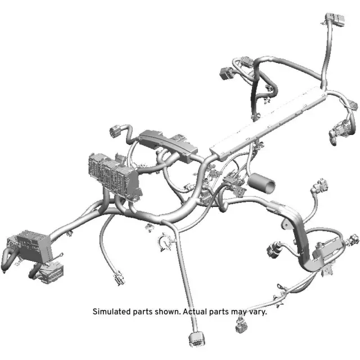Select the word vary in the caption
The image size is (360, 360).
pyautogui.click(x=257, y=311)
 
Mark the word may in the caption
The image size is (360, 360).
pyautogui.click(x=238, y=311)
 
